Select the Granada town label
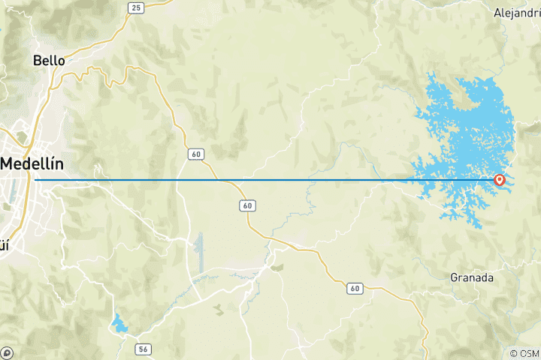(x=472, y=277)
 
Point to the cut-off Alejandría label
(x=517, y=13)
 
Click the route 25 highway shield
(x=135, y=7)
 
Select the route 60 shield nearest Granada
(x=355, y=288)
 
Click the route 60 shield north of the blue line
(x=195, y=154)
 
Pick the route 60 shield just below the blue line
(x=246, y=205)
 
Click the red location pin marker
(x=499, y=180)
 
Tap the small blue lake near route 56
(x=119, y=324)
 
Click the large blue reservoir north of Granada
(x=466, y=127)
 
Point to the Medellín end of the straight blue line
(x=36, y=180)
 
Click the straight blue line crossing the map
(x=225, y=180)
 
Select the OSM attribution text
(x=529, y=353)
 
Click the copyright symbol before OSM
(x=514, y=353)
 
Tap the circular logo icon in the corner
(x=7, y=352)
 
